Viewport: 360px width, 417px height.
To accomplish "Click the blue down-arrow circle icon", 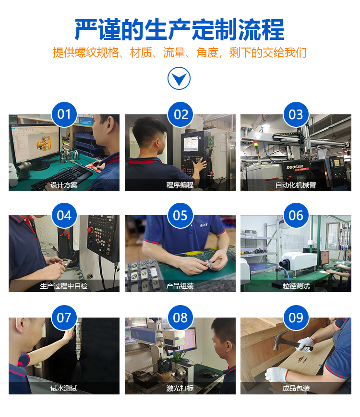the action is pyautogui.click(x=179, y=78).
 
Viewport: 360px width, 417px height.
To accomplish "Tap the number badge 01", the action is pyautogui.click(x=64, y=114).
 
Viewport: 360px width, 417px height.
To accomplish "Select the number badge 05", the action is pyautogui.click(x=180, y=215).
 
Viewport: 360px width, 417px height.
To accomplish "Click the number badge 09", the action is pyautogui.click(x=296, y=318).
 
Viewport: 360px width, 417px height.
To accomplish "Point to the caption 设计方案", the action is pyautogui.click(x=64, y=185).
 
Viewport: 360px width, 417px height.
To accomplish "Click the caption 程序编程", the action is pyautogui.click(x=180, y=185).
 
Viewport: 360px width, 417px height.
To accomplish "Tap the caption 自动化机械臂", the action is pyautogui.click(x=296, y=185).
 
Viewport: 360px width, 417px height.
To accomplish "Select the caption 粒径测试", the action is pyautogui.click(x=296, y=286).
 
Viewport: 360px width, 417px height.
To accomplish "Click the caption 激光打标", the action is pyautogui.click(x=180, y=388).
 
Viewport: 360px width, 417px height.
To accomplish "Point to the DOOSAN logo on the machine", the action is pyautogui.click(x=295, y=167).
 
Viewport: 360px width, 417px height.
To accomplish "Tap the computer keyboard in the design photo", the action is pyautogui.click(x=63, y=177).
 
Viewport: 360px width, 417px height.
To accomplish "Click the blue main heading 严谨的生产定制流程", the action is pyautogui.click(x=180, y=29).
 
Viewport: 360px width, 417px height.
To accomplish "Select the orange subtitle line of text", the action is pyautogui.click(x=180, y=52).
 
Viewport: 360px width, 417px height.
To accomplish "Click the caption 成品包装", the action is pyautogui.click(x=296, y=388).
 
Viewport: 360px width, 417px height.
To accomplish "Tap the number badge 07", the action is pyautogui.click(x=64, y=318).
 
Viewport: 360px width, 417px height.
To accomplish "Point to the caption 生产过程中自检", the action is pyautogui.click(x=64, y=286).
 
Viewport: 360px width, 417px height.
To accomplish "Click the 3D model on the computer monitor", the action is pyautogui.click(x=44, y=143).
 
